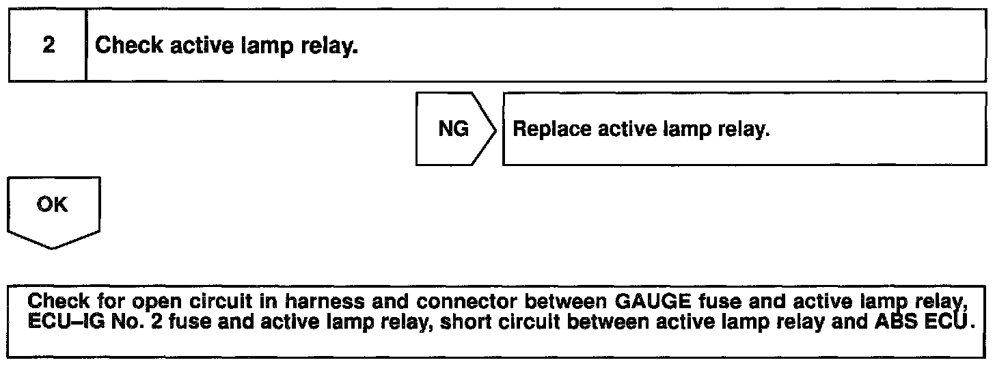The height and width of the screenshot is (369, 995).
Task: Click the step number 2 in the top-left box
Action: [x=48, y=46]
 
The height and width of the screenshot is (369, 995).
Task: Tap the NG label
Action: [x=454, y=129]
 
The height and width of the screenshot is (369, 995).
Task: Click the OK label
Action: [x=53, y=204]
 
